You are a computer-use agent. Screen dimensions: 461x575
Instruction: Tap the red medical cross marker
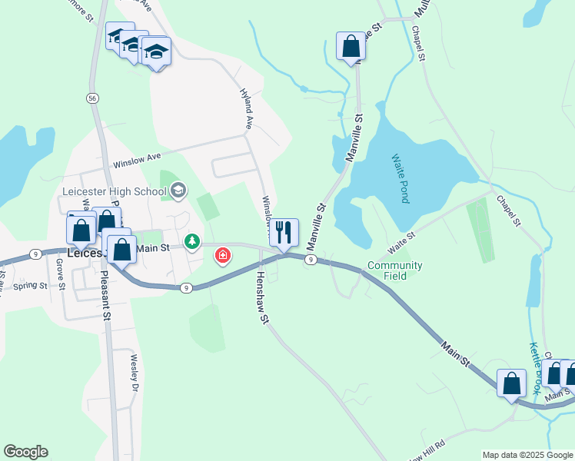pyautogui.click(x=223, y=254)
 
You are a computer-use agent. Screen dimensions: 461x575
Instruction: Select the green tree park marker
pyautogui.click(x=191, y=242)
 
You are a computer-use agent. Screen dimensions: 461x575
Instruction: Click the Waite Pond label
pyautogui.click(x=398, y=177)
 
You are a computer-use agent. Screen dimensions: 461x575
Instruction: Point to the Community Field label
pyautogui.click(x=394, y=270)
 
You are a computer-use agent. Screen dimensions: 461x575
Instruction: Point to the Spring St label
pyautogui.click(x=31, y=287)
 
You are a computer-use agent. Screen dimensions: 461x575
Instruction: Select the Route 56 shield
pyautogui.click(x=92, y=98)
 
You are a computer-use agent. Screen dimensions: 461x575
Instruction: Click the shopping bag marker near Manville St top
pyautogui.click(x=351, y=46)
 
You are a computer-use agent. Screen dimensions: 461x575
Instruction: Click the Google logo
pyautogui.click(x=25, y=452)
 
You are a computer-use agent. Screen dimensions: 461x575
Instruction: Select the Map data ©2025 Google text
pyautogui.click(x=527, y=455)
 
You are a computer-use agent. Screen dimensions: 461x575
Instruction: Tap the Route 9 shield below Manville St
pyautogui.click(x=309, y=260)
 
